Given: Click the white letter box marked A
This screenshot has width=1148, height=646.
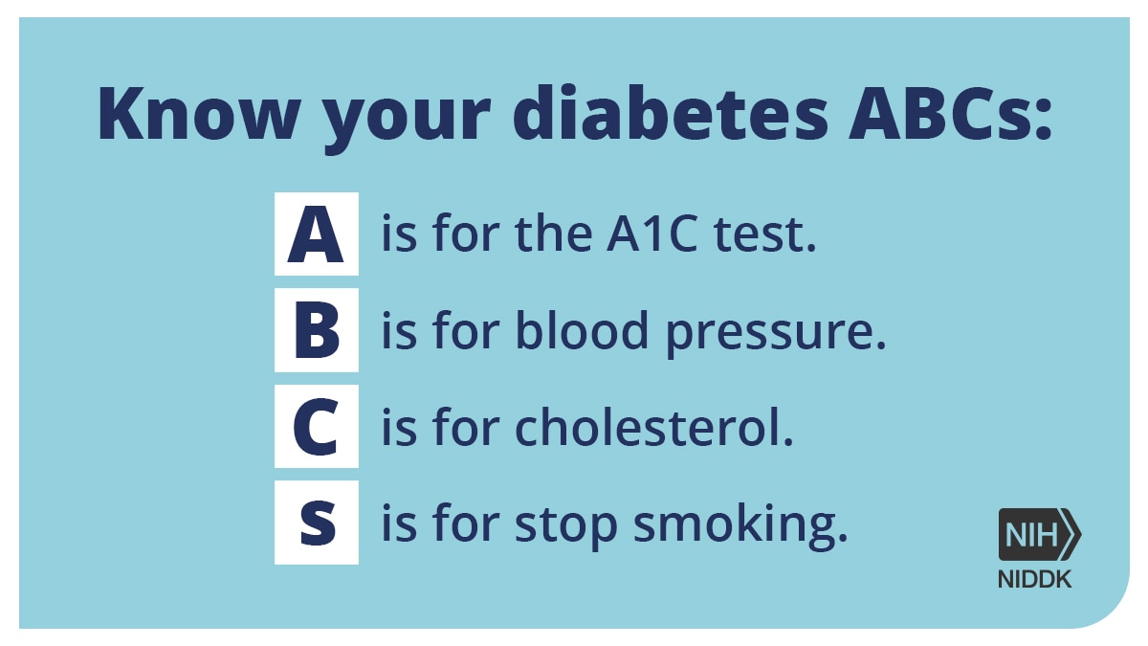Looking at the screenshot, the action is coord(317,234).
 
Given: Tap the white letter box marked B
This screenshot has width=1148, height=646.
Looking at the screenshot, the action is coord(317,330).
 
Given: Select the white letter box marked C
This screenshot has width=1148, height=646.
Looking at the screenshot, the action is coord(317,426).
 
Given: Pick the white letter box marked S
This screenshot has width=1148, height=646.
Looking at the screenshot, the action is coord(317,523).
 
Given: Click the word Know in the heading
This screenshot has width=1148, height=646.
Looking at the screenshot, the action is coord(199,114).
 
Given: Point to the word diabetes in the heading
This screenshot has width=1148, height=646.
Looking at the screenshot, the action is coord(671,113).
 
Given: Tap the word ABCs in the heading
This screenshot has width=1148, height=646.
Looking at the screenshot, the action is coord(941,114).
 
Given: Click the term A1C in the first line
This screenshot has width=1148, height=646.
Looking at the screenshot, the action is coord(651,234).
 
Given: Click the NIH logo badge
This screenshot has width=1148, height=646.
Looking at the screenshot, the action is coord(1039,535).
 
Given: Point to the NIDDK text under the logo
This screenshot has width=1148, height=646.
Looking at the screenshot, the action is coord(1034,580).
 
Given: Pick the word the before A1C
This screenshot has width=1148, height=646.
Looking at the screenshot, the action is coord(554,234).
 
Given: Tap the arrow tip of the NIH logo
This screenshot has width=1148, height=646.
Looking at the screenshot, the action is coord(1080,535).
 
